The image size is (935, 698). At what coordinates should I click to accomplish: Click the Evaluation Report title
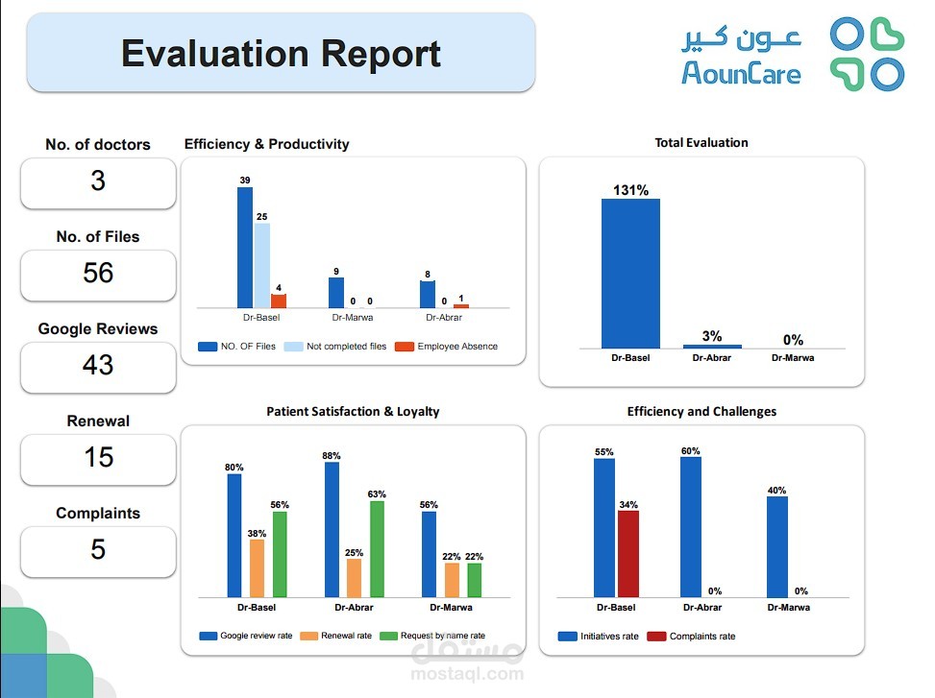281,54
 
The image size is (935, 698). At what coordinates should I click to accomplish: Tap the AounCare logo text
741,71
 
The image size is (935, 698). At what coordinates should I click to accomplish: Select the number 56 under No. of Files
98,274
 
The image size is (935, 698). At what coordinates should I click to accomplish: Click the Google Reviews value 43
98,366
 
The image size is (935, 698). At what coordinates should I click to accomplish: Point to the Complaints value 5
98,550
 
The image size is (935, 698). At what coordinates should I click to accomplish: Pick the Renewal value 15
98,458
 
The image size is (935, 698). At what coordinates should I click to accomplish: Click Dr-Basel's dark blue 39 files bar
245,247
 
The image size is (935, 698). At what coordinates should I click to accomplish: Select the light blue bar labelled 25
262,265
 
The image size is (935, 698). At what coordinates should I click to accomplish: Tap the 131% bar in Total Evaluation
630,273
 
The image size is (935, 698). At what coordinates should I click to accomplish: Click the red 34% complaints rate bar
627,553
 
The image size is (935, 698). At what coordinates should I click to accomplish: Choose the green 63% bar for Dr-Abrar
377,548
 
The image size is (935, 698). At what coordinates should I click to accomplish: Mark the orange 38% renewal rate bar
257,567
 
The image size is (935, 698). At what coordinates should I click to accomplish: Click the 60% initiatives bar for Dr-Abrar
691,526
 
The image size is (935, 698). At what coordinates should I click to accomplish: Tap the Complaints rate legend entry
701,636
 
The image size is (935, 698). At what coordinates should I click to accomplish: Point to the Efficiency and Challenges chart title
701,412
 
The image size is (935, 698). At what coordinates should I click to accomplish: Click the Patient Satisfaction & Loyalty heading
353,412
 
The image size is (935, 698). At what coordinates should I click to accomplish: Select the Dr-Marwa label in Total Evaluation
793,358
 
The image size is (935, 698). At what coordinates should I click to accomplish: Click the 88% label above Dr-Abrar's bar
332,455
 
